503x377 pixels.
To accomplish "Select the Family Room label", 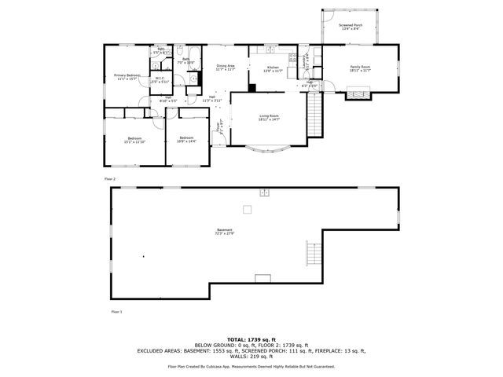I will (360, 67).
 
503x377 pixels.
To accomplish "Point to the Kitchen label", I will (273, 68).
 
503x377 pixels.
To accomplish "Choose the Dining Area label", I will (226, 66).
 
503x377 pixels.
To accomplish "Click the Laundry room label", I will (306, 62).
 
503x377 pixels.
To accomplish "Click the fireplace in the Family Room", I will (359, 93).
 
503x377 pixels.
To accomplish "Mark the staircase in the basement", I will (313, 254).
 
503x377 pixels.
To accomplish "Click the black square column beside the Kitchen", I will (252, 87).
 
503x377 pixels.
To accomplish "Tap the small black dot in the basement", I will (144, 256).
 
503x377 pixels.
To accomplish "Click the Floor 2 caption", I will (110, 179).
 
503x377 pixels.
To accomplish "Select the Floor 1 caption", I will (116, 312).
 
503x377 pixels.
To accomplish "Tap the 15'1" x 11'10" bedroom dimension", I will (135, 142).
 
